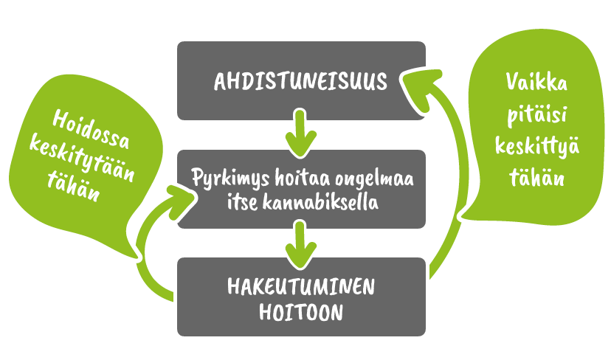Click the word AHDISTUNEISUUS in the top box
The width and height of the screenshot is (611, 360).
[300, 81]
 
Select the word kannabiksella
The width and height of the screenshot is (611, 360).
[320, 203]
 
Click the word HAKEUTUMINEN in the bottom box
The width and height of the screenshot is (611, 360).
[301, 286]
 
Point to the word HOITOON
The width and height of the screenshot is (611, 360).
[301, 313]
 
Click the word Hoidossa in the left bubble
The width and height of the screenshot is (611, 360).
[91, 129]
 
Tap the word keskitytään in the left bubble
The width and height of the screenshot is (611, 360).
[82, 158]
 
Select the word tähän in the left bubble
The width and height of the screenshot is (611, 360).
[73, 185]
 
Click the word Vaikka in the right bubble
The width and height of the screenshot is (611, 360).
[536, 82]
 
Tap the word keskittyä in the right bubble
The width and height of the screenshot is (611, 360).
[537, 147]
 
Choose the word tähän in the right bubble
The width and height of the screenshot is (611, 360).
[537, 177]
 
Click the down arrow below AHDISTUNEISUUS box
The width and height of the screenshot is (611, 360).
[300, 134]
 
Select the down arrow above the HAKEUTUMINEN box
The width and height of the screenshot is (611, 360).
[300, 245]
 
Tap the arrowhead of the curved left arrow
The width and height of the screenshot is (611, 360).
[179, 202]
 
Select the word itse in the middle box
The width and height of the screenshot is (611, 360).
[242, 203]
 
